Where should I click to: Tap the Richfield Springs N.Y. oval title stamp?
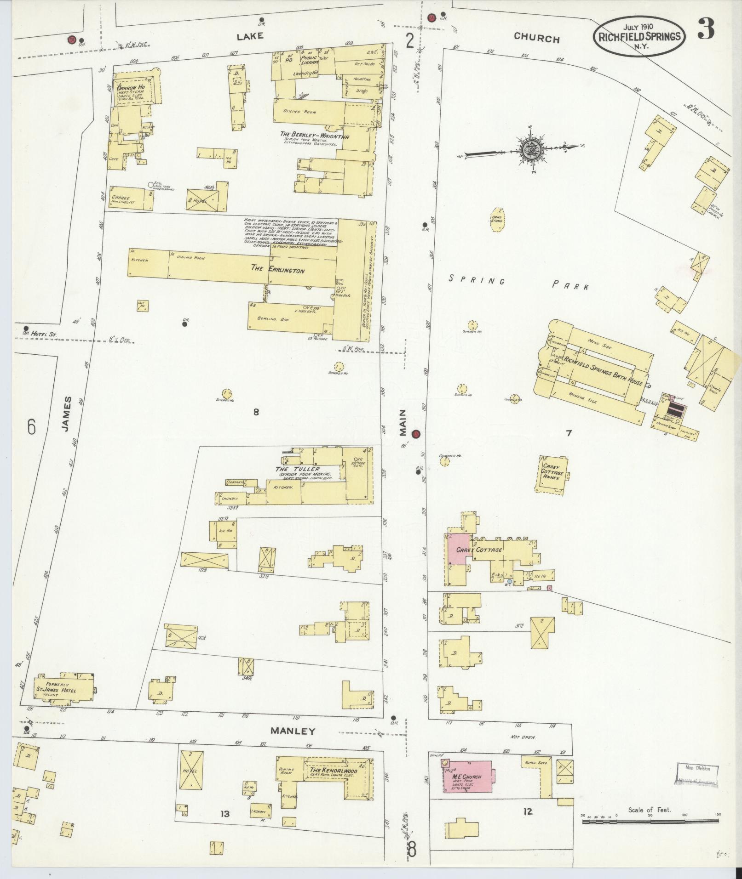(x=639, y=37)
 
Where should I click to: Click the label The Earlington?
(x=277, y=270)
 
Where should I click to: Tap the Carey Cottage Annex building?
(x=552, y=474)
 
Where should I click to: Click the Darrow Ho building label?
(x=131, y=87)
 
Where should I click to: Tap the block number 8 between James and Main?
(x=256, y=412)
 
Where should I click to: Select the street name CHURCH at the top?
(x=536, y=38)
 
